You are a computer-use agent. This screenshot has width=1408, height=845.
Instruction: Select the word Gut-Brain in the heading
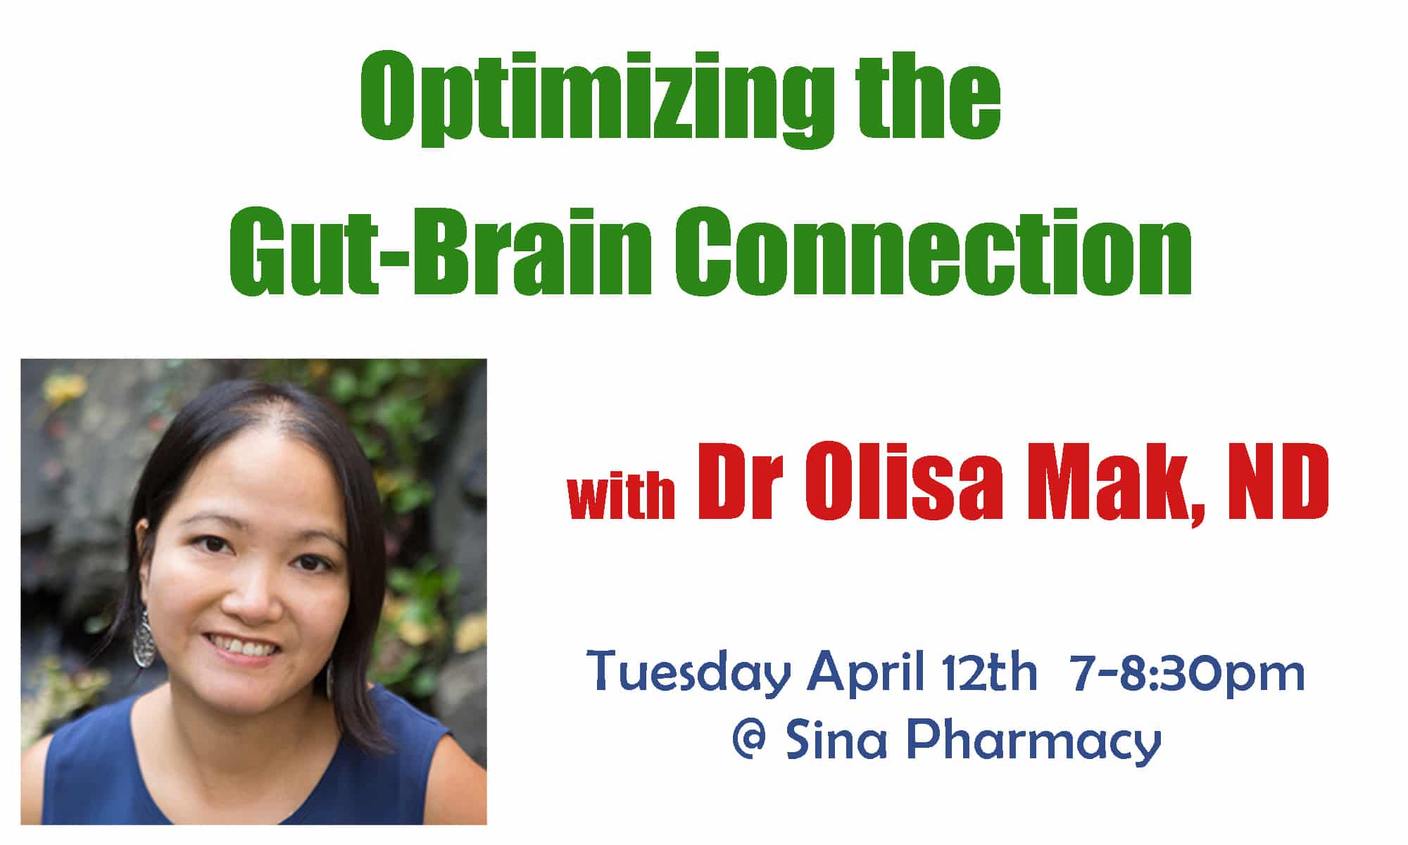(x=441, y=251)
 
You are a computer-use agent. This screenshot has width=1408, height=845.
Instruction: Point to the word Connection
(x=933, y=251)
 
